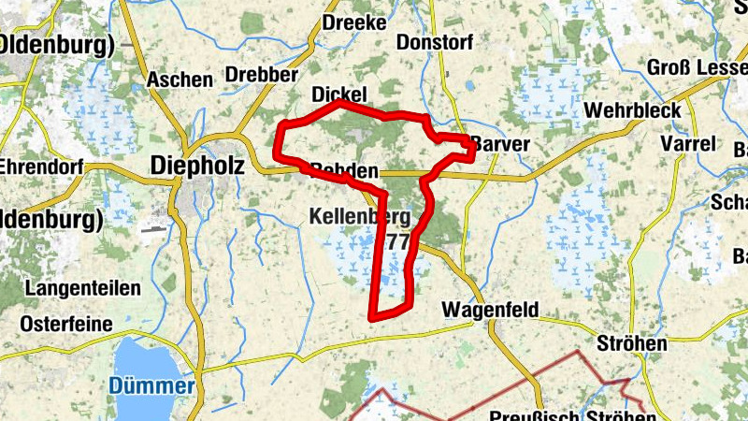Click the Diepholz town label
197,166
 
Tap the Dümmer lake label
151,385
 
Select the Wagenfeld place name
485,309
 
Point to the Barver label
501,144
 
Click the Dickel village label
338,94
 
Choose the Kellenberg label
360,218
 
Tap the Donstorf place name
435,43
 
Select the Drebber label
262,74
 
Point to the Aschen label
180,80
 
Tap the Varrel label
687,144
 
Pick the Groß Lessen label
697,68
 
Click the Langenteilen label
83,287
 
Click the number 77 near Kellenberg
396,242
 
